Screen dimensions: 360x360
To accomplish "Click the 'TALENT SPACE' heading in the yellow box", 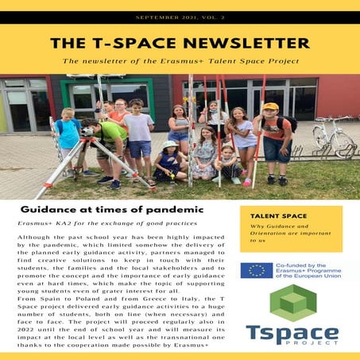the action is coord(275,215).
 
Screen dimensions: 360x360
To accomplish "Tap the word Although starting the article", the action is coord(37,238).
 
